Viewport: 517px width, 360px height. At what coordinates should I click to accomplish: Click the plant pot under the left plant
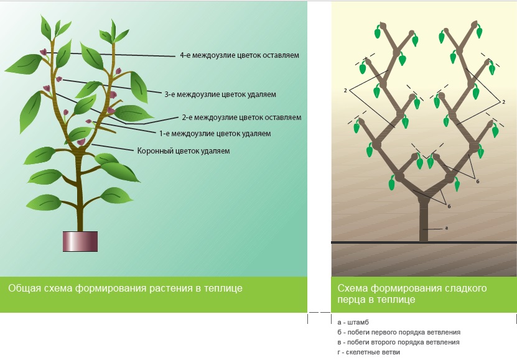click(80, 241)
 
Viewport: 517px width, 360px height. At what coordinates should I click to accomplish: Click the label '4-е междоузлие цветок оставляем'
click(240, 55)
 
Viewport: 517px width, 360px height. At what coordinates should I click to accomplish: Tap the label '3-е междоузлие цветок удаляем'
click(220, 95)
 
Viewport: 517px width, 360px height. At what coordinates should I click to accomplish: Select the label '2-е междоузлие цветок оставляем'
click(241, 117)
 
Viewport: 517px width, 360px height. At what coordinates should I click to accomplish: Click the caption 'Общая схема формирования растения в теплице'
click(125, 288)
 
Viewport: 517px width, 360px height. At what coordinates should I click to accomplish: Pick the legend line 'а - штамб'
click(353, 322)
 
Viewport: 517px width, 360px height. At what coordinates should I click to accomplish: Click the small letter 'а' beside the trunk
click(447, 228)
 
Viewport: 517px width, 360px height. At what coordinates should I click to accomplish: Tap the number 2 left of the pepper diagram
click(345, 90)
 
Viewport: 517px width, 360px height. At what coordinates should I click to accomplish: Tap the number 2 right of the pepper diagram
click(503, 101)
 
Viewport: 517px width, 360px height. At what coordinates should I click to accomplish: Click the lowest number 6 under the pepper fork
click(449, 206)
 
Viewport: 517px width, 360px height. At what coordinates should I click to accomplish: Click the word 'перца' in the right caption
click(350, 300)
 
